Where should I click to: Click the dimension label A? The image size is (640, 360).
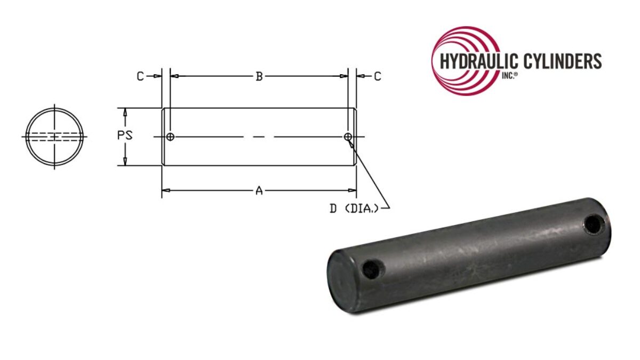259,190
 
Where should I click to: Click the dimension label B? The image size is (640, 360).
259,76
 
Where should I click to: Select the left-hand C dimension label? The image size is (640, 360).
140,76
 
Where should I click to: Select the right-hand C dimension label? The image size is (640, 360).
377,76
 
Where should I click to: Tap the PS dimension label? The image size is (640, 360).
125,135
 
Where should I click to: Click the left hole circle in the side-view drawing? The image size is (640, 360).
170,137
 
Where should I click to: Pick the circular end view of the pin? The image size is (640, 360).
55,137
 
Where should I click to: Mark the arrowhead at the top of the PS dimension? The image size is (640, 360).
125,111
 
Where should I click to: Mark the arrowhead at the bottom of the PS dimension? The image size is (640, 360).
125,162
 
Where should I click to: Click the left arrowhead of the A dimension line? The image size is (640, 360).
165,190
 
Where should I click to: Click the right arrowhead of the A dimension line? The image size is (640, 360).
353,190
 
